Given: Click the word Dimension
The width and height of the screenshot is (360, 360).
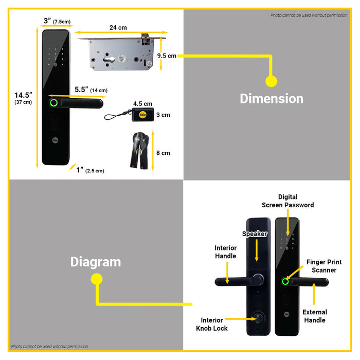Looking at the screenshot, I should pyautogui.click(x=272, y=98).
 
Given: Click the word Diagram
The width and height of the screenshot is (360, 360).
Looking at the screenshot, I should pyautogui.click(x=96, y=262).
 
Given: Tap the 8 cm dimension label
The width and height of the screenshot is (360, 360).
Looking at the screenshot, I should pyautogui.click(x=163, y=153).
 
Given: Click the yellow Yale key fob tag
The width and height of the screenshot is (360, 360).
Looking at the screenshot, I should pyautogui.click(x=142, y=115).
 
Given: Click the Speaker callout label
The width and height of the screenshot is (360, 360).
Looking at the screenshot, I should pyautogui.click(x=255, y=234).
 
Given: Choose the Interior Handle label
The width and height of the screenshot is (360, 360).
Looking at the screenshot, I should pyautogui.click(x=225, y=252).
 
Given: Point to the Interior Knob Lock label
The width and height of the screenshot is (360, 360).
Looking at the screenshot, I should pyautogui.click(x=211, y=324).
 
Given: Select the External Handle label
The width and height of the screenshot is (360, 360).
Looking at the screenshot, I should pyautogui.click(x=314, y=316).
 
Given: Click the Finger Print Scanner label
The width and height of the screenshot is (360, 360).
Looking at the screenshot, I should pyautogui.click(x=324, y=266).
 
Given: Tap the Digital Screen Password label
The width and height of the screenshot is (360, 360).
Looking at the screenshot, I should pyautogui.click(x=287, y=201).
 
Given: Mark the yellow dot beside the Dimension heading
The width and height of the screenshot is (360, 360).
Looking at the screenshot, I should pyautogui.click(x=271, y=81).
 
